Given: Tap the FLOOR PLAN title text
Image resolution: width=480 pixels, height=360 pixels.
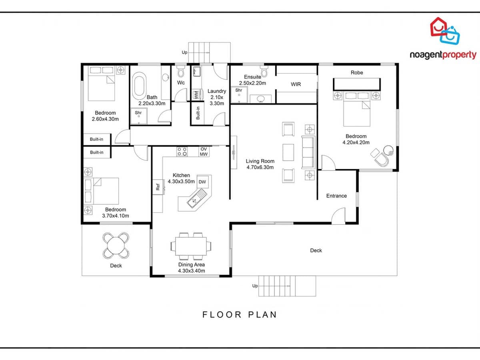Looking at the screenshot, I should coord(239,314).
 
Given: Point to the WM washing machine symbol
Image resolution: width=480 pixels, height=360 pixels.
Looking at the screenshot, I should coord(196,95).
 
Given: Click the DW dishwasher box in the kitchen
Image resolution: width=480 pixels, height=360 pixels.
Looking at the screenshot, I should coord(202,182).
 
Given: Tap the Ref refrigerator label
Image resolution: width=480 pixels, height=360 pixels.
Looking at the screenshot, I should coord(158,186).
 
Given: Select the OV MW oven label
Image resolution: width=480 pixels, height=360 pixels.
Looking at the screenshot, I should coord(204,151).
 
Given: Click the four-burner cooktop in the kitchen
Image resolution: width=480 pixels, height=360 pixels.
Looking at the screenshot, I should coord(182,151).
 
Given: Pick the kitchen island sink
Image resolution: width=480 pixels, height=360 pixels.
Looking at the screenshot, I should coord(196,198).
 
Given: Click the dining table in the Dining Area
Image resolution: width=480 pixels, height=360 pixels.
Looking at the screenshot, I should coord(191,245).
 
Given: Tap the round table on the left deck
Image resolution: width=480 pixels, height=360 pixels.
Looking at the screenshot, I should coord(116,245).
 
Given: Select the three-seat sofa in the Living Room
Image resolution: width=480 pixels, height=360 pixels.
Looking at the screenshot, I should coord(308,152).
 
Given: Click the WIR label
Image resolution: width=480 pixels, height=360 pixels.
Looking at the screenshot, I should coord(296,84).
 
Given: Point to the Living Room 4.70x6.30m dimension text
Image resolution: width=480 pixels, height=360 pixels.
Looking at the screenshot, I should coord(260,167).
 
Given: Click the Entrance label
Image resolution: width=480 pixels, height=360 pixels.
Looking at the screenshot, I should coord(336,196).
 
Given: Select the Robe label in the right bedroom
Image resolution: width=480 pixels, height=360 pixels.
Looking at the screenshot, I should coord(357,72).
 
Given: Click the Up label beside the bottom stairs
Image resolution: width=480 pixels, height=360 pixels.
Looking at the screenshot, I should coord(255,286).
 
